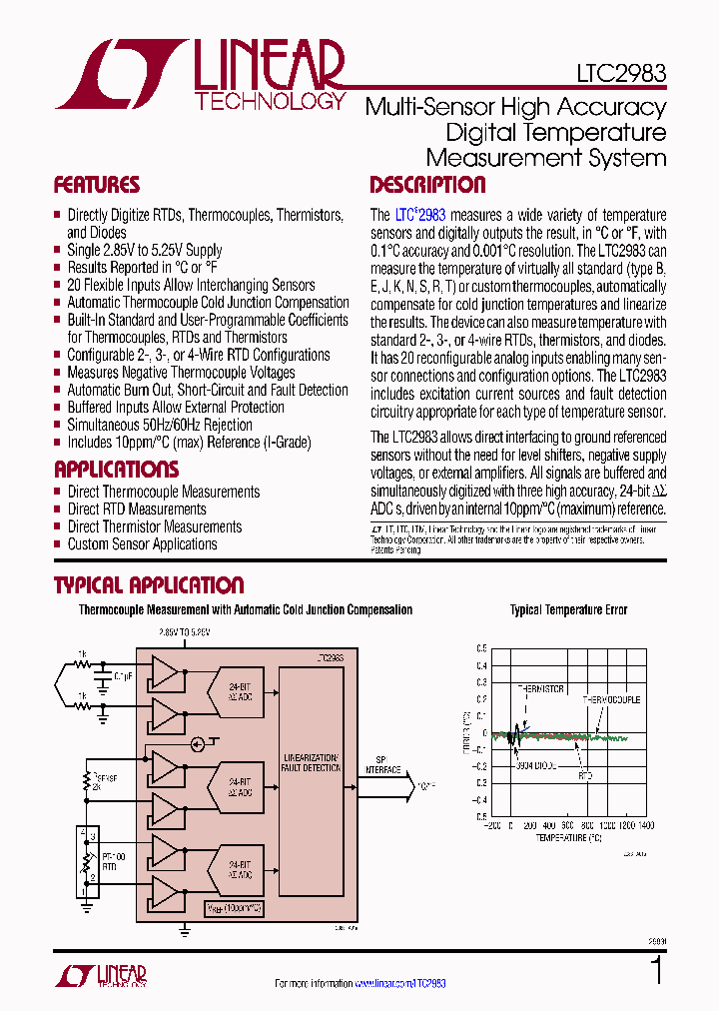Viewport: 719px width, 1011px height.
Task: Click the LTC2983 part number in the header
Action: pos(621,74)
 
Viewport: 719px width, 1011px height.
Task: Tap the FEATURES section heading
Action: pos(97,185)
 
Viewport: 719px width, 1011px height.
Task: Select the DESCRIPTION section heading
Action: pos(427,185)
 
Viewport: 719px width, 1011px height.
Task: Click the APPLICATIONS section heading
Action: pos(116,470)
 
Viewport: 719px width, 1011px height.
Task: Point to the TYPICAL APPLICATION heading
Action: pos(148,585)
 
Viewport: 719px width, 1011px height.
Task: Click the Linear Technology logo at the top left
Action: pos(200,75)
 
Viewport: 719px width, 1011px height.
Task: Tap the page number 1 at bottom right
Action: pos(656,971)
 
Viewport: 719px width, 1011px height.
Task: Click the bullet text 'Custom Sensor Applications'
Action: pos(142,544)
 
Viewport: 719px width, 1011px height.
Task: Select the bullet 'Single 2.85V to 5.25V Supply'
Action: pos(144,250)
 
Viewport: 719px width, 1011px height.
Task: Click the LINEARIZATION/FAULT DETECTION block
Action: pos(311,763)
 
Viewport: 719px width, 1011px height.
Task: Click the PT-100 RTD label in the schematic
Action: pos(113,860)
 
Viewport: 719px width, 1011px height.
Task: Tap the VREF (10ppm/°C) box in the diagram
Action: pos(236,908)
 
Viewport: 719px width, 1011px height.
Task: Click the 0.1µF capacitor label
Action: pos(123,676)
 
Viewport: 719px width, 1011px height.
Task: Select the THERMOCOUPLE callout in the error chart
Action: pos(611,699)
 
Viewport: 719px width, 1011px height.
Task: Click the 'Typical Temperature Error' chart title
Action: pos(568,610)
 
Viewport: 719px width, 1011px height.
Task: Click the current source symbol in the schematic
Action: pos(198,744)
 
